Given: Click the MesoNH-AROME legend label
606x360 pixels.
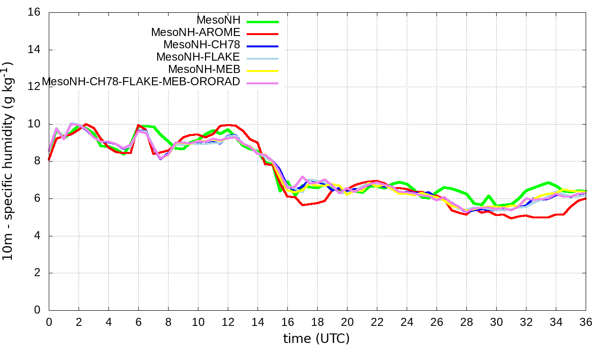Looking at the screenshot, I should pyautogui.click(x=196, y=32).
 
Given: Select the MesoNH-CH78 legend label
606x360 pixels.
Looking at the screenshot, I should pyautogui.click(x=202, y=45).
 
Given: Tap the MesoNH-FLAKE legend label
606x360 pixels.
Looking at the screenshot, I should pyautogui.click(x=198, y=57).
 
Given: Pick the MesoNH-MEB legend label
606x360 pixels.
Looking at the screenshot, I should pyautogui.click(x=205, y=69).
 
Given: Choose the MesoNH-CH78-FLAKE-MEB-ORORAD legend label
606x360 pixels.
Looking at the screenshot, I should pyautogui.click(x=141, y=81).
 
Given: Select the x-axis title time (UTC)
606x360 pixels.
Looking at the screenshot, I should pyautogui.click(x=316, y=339).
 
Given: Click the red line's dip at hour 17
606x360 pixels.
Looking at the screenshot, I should pyautogui.click(x=303, y=205).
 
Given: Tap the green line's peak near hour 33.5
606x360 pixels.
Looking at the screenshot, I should pyautogui.click(x=548, y=182).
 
